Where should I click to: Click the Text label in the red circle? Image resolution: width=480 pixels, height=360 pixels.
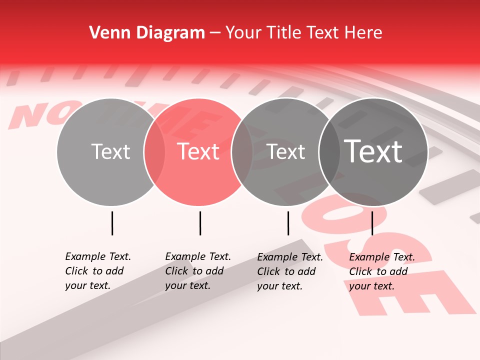(x=198, y=151)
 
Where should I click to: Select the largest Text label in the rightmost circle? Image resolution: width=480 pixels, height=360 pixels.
(x=373, y=151)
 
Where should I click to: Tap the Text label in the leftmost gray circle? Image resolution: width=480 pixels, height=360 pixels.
(x=110, y=151)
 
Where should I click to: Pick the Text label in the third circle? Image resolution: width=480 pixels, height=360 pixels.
(x=286, y=151)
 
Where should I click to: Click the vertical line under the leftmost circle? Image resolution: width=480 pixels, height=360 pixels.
(x=112, y=223)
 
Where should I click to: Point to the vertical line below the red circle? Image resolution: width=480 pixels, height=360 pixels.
(x=200, y=223)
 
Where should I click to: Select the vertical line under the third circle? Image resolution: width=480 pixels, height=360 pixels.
(x=288, y=223)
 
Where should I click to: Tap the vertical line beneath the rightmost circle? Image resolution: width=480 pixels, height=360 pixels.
(x=372, y=223)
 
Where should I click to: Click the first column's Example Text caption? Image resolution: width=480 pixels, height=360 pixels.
(x=98, y=271)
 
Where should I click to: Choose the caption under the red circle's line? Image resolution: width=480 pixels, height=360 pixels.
(x=198, y=271)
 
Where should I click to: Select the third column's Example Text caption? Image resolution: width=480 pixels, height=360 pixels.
(x=290, y=271)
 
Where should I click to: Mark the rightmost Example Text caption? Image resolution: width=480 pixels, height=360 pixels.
(x=382, y=271)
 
